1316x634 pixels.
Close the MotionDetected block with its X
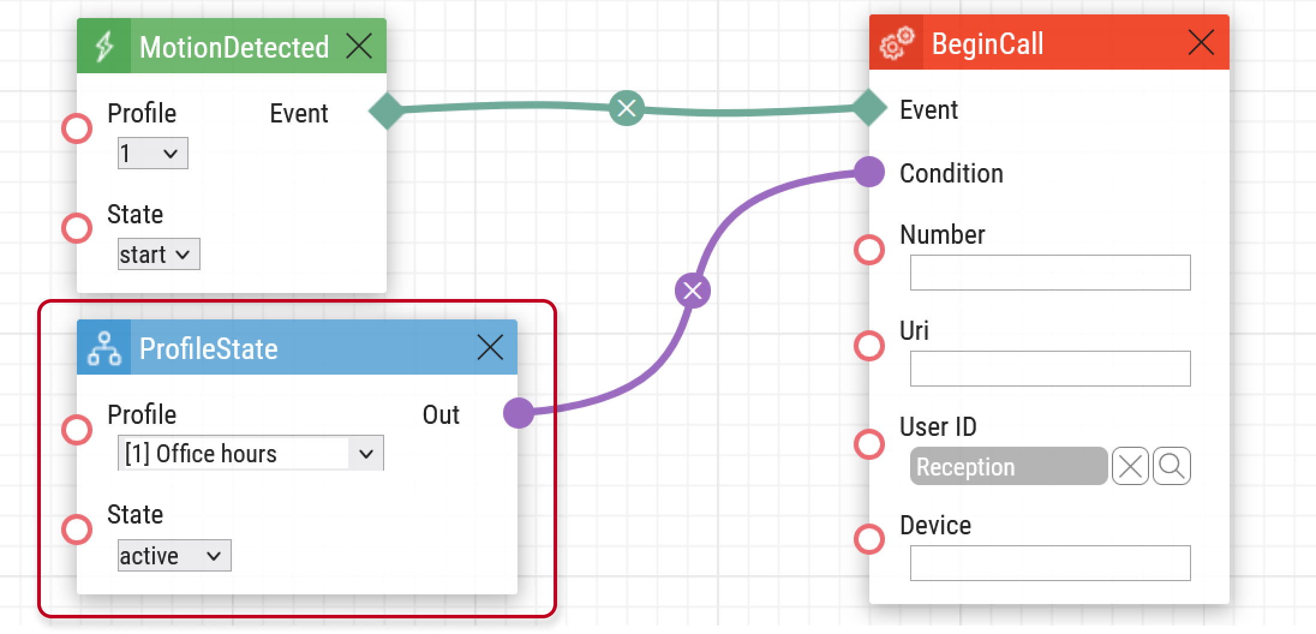point(359,46)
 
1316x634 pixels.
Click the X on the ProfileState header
point(490,347)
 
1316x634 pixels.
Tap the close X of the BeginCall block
point(1201,42)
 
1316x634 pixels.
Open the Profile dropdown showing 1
point(152,153)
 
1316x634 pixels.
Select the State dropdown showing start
point(158,254)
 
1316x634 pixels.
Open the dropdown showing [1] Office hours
point(251,453)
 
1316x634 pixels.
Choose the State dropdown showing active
point(174,555)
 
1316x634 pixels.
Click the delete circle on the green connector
point(627,108)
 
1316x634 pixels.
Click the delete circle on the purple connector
point(693,291)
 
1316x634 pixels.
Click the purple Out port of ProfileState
point(519,413)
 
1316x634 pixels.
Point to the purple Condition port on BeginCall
point(869,172)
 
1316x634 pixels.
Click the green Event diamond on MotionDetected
point(387,111)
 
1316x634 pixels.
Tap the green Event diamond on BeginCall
point(869,107)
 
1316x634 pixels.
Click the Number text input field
point(1050,273)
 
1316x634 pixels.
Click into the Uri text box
point(1050,369)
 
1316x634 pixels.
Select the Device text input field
point(1050,563)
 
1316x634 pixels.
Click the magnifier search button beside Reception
point(1171,466)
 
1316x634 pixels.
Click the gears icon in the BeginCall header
point(896,43)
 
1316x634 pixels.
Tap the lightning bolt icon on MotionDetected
point(104,46)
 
